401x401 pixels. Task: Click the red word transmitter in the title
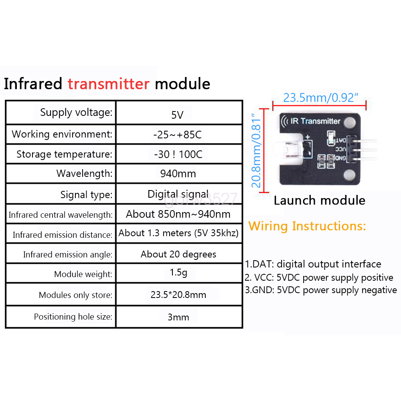click(108, 84)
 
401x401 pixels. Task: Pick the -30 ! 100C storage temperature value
click(178, 154)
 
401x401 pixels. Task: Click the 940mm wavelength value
click(178, 174)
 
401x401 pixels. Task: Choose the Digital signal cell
click(178, 194)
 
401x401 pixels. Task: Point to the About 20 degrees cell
click(178, 254)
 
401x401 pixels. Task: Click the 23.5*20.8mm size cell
click(178, 295)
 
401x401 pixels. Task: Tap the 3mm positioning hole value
click(178, 317)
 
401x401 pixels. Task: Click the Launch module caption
click(320, 200)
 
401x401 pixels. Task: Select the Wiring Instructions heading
click(307, 226)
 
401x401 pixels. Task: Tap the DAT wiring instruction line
click(313, 264)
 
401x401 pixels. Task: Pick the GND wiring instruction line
click(321, 290)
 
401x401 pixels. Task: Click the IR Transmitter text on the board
click(315, 121)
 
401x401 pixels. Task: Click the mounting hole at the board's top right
click(350, 121)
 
